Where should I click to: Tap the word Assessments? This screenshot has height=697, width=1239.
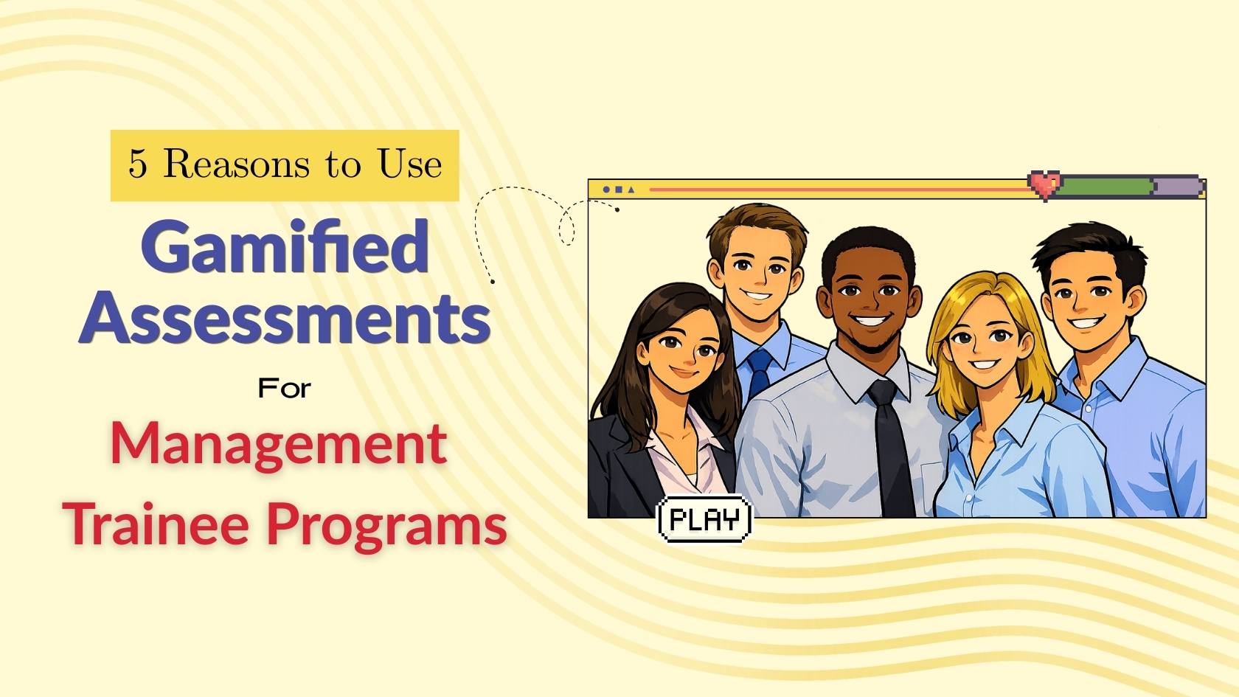tap(285, 317)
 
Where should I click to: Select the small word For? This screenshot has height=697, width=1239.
tap(285, 388)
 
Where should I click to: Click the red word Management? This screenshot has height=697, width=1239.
tap(279, 444)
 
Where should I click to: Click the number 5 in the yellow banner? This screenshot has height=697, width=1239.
tap(138, 164)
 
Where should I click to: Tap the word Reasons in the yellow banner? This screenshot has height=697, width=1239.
tap(236, 164)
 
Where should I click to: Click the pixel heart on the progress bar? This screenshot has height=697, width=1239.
tap(1044, 184)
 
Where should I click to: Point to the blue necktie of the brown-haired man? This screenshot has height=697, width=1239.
tap(759, 372)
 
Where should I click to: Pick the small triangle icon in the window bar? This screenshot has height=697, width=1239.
tap(631, 190)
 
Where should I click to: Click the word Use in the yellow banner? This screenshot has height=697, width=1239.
tap(410, 164)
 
